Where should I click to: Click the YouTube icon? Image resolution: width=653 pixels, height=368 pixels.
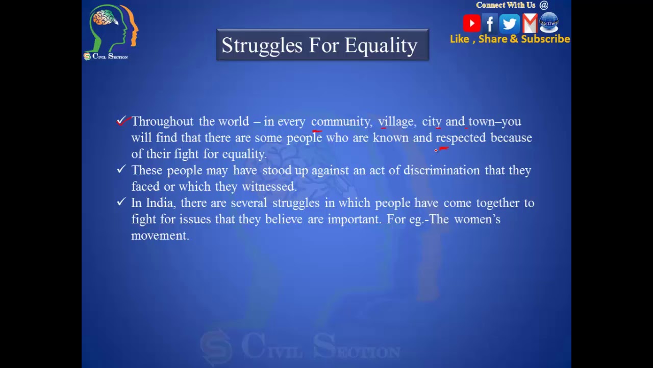tap(471, 24)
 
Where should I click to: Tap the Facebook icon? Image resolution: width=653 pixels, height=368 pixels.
tap(490, 24)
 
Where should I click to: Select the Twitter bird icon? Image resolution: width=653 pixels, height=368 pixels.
tap(509, 24)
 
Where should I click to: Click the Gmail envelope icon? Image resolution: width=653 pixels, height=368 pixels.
tap(530, 24)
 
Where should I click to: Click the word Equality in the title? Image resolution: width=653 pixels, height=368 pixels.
tap(381, 45)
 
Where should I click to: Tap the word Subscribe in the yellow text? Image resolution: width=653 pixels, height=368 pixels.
tap(545, 39)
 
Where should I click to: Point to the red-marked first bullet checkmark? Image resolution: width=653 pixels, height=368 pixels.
tap(121, 121)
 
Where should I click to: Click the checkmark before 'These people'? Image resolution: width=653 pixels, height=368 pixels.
tap(121, 169)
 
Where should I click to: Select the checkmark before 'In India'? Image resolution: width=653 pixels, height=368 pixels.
tap(121, 201)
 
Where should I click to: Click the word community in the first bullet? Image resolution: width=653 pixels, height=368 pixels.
tap(341, 122)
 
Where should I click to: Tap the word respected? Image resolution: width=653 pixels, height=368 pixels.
tap(460, 138)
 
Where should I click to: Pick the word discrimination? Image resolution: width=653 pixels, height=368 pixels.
tap(441, 170)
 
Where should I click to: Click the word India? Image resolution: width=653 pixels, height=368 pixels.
tap(160, 203)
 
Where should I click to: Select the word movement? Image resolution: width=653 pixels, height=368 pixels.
tap(160, 236)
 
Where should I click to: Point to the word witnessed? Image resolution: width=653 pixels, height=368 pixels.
tap(268, 187)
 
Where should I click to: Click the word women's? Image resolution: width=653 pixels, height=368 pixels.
tap(477, 219)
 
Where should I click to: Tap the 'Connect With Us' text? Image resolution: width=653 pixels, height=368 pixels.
tap(506, 5)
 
